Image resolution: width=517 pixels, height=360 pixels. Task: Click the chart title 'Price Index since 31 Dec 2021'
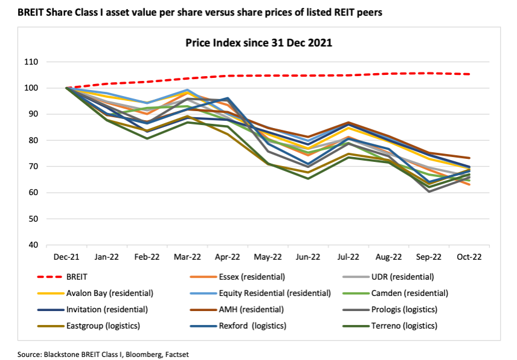pos(258,43)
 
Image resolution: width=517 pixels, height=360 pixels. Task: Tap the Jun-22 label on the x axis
pos(308,257)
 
